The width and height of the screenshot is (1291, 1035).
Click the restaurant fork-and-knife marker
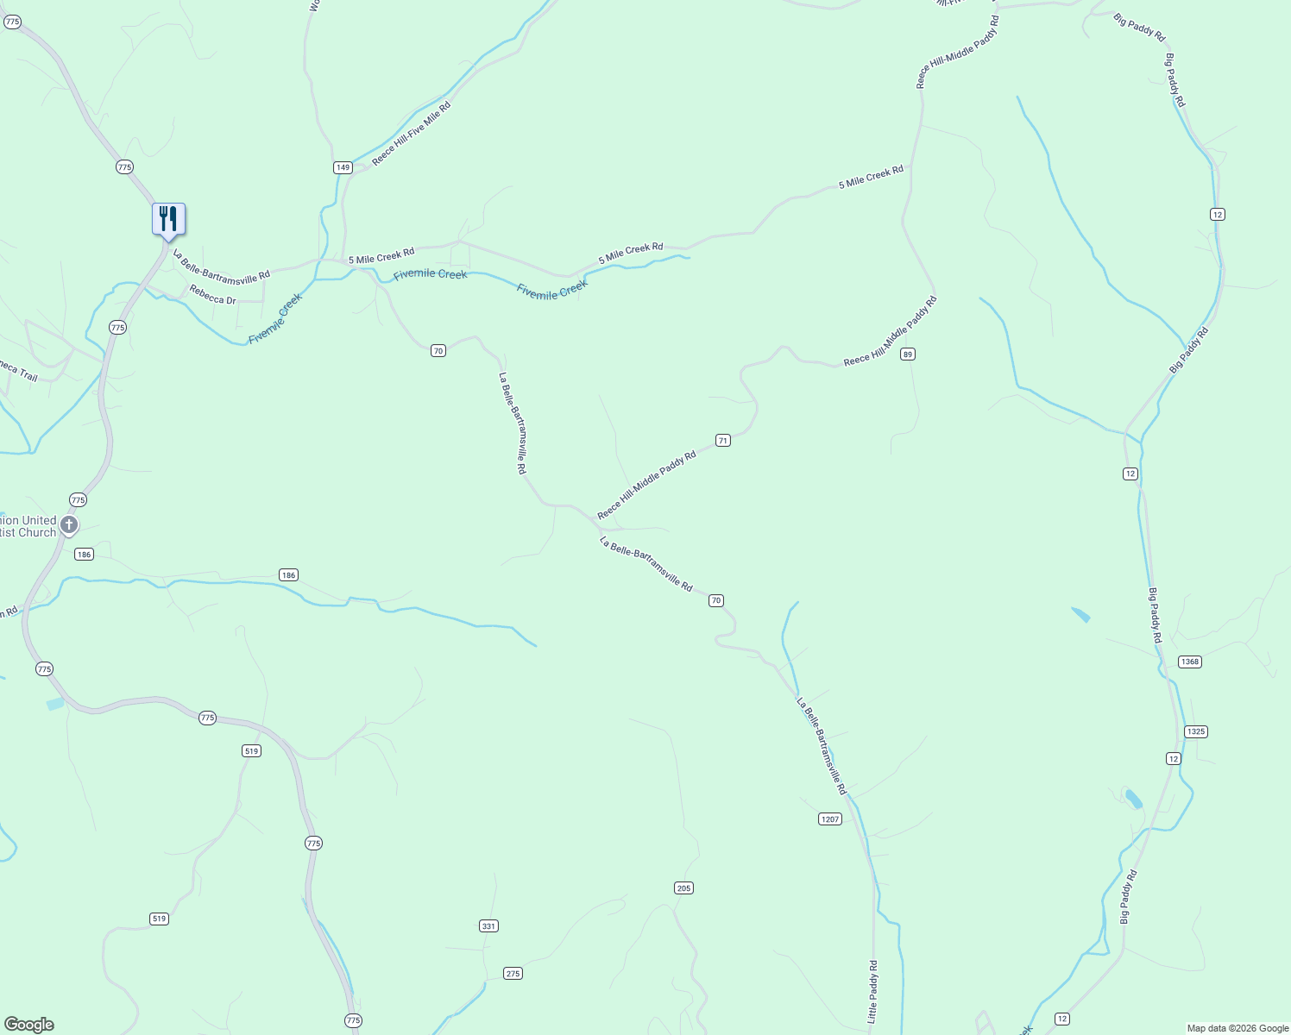(x=168, y=218)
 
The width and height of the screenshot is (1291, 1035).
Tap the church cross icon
(x=69, y=524)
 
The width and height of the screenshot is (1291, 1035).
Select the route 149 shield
(x=343, y=167)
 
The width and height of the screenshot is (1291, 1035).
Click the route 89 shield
(x=907, y=354)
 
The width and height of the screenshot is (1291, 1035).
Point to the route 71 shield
(x=723, y=441)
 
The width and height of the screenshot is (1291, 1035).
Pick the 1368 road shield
(x=1190, y=662)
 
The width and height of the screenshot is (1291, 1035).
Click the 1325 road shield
(x=1195, y=731)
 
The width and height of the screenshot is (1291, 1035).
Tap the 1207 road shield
(x=829, y=819)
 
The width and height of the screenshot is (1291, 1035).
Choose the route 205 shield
(x=683, y=888)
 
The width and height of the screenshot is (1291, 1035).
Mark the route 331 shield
(x=488, y=926)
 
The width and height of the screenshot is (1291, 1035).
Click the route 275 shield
(x=513, y=974)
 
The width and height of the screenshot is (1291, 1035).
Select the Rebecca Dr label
(x=212, y=295)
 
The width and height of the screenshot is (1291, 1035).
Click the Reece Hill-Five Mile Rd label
(x=412, y=134)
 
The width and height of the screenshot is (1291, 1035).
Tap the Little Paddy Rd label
(x=872, y=992)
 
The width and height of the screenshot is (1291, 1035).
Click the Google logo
(x=29, y=1025)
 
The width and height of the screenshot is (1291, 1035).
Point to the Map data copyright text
(x=1237, y=1028)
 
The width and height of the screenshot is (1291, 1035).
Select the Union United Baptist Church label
(x=28, y=526)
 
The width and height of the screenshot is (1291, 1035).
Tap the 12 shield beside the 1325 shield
(x=1173, y=758)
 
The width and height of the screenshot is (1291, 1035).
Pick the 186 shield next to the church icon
(x=84, y=555)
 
